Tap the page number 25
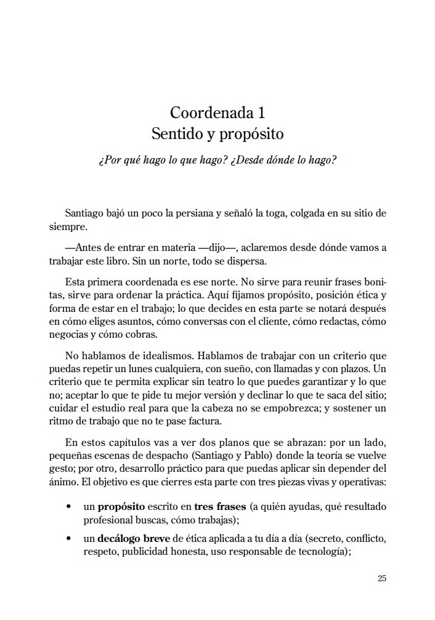click(x=381, y=578)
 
